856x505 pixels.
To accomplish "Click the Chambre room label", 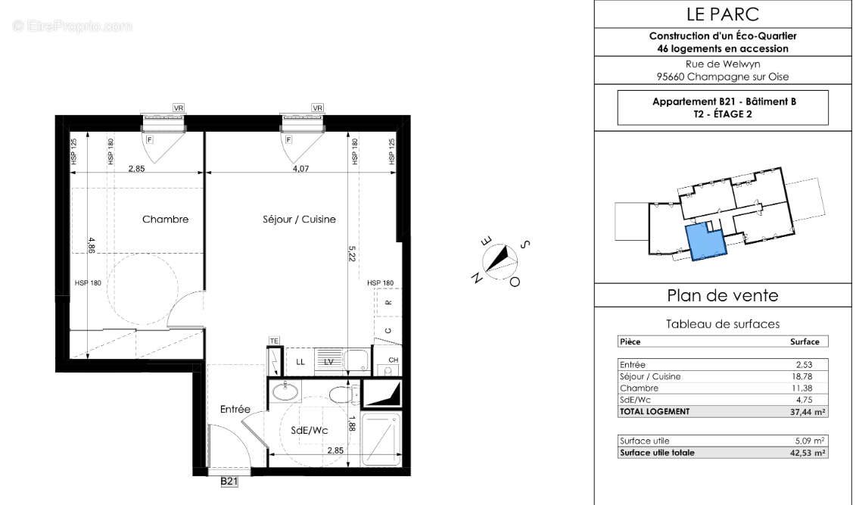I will point(165,220).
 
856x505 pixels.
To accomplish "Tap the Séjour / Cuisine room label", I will point(299,220).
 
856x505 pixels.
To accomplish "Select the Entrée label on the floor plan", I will point(235,409).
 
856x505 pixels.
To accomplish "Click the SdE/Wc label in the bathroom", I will point(308,430).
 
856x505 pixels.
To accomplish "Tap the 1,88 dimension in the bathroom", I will point(352,425).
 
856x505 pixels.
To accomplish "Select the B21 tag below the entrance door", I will point(229,482).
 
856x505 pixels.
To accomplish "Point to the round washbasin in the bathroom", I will point(285,391).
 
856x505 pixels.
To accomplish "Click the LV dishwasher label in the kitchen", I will point(328,362).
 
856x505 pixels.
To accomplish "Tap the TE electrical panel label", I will point(274,341).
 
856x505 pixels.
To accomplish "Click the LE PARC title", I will point(723,14).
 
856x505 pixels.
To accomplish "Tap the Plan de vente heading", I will point(722,295).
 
